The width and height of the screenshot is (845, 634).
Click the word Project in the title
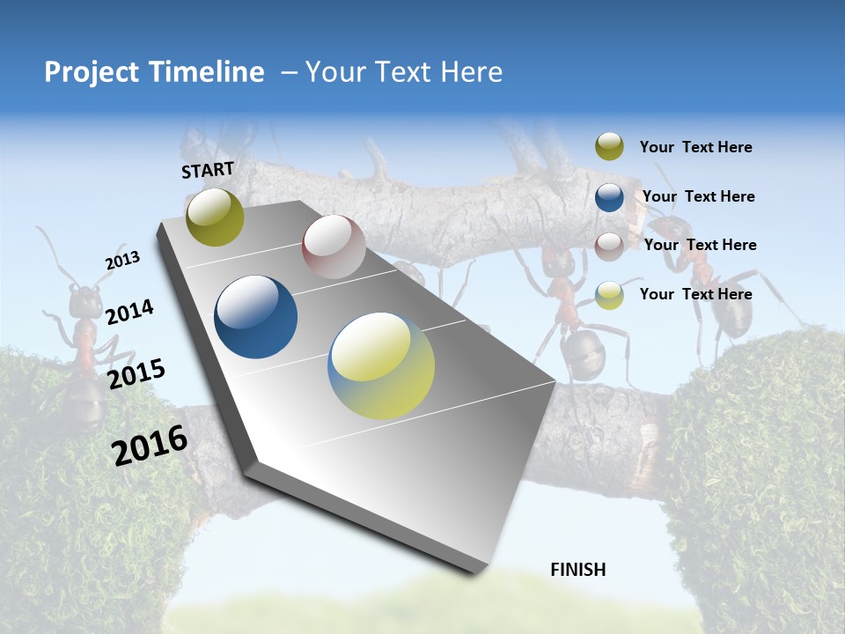89,72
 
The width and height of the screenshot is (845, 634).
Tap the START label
208,170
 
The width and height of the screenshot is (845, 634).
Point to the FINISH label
578,570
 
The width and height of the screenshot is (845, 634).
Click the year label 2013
122,261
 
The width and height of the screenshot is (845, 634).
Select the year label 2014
129,313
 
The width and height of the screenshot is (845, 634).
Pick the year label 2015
136,373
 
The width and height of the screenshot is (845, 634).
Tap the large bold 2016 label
150,445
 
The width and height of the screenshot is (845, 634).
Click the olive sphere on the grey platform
215,217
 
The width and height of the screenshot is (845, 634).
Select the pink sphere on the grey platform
334,247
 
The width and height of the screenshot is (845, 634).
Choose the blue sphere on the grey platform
256,317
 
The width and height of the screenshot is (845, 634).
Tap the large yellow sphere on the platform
381,365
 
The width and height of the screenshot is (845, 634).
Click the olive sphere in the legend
609,146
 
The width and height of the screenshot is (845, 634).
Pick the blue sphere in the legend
609,196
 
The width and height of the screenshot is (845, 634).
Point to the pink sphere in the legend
609,246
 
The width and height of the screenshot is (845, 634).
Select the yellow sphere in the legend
609,294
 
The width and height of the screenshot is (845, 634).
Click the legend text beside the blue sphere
698,196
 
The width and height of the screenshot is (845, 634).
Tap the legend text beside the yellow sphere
695,294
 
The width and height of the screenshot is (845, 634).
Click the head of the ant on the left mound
85,302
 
